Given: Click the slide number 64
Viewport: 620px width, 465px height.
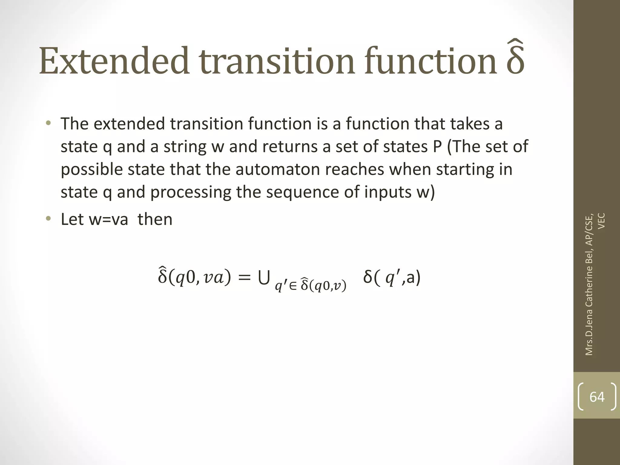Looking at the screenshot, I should point(597,397).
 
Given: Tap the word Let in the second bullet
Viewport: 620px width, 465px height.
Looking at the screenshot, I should point(71,219).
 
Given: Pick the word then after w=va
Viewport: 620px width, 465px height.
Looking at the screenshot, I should point(155,219).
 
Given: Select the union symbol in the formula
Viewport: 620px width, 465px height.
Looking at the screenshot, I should point(264,278).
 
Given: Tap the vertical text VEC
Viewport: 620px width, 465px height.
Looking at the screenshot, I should point(602,221).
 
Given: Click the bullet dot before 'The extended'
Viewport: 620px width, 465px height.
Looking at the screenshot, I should point(48,124).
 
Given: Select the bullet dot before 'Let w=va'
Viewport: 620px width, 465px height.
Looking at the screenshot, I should point(48,219).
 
